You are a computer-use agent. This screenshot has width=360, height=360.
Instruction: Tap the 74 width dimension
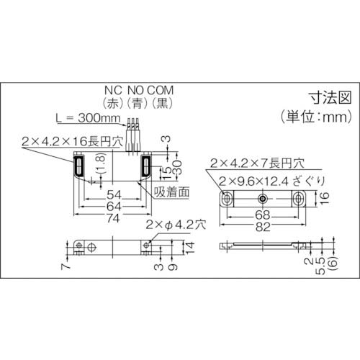point(112,217)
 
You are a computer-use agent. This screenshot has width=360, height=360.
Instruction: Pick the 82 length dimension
point(264,227)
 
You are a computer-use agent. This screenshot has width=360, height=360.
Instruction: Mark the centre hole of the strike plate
point(264,198)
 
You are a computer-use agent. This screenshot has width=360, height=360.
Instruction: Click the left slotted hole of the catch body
point(77,168)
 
